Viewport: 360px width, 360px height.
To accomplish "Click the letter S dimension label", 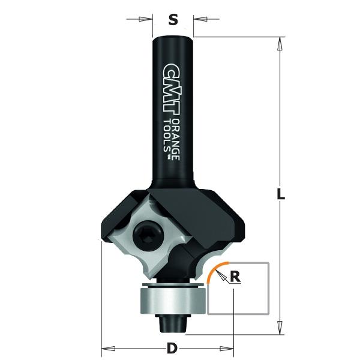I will coord(173,20).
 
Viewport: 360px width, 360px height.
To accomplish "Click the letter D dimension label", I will coord(172,347).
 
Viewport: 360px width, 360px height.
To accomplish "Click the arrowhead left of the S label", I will coord(145,20).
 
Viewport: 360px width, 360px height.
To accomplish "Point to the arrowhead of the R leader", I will coord(221,274).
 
